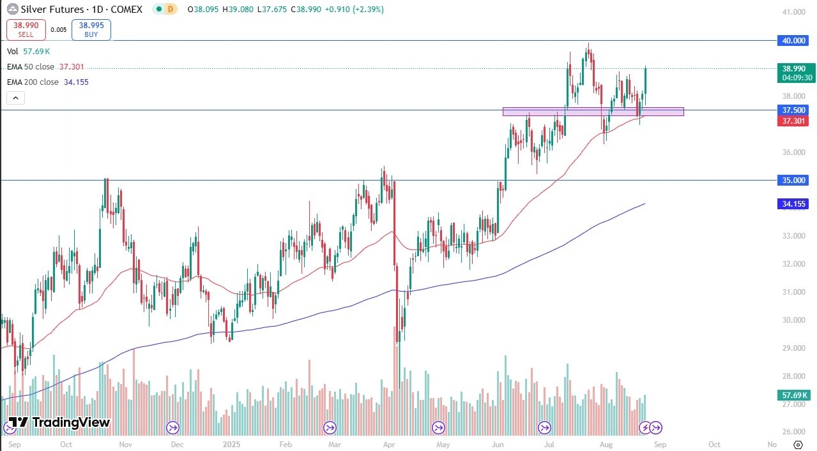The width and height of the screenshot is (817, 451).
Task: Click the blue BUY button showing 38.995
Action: pos(91,29)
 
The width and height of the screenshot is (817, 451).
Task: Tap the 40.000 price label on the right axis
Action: pos(794,40)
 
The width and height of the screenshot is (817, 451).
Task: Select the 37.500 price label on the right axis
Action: pos(794,110)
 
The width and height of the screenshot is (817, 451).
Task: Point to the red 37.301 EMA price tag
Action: pos(794,121)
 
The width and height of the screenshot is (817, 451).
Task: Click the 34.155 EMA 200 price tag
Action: pos(794,204)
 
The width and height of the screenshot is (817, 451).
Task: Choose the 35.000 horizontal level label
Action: pos(794,180)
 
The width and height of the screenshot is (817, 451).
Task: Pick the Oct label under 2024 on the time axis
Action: pos(66,444)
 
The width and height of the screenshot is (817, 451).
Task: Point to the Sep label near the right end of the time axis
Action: pos(660,444)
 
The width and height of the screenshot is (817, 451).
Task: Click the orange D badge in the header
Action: pos(169,10)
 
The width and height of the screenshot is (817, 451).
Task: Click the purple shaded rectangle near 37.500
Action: pos(593,112)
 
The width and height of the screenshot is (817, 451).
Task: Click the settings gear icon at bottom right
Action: pos(798,444)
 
